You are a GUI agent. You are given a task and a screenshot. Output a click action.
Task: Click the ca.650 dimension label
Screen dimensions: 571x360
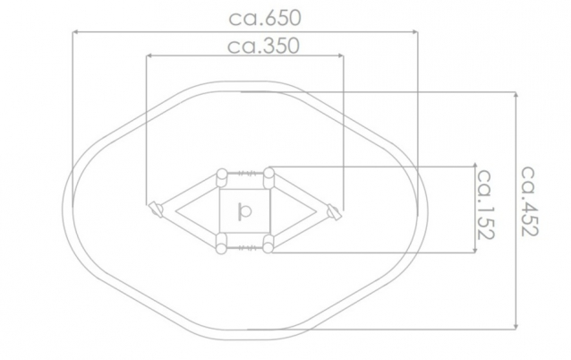(265, 18)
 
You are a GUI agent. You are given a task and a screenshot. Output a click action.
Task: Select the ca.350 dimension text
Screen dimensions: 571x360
(263, 46)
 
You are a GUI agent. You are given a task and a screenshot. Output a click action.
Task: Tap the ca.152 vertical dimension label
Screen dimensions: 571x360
(485, 204)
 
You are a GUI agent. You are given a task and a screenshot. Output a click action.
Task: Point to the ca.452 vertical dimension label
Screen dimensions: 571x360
(529, 201)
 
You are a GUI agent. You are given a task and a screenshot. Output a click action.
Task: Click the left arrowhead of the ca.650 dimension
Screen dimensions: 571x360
(74, 32)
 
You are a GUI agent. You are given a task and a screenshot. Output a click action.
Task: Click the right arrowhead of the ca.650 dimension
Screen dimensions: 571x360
(414, 32)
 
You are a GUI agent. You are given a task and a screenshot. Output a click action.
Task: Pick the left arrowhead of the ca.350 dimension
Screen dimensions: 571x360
(149, 56)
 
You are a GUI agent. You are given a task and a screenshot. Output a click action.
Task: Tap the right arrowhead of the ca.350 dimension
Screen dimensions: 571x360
(340, 56)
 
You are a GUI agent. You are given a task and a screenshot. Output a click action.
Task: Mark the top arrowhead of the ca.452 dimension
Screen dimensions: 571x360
(516, 95)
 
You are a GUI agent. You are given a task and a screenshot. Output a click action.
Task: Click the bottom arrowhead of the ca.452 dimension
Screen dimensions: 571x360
(516, 326)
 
